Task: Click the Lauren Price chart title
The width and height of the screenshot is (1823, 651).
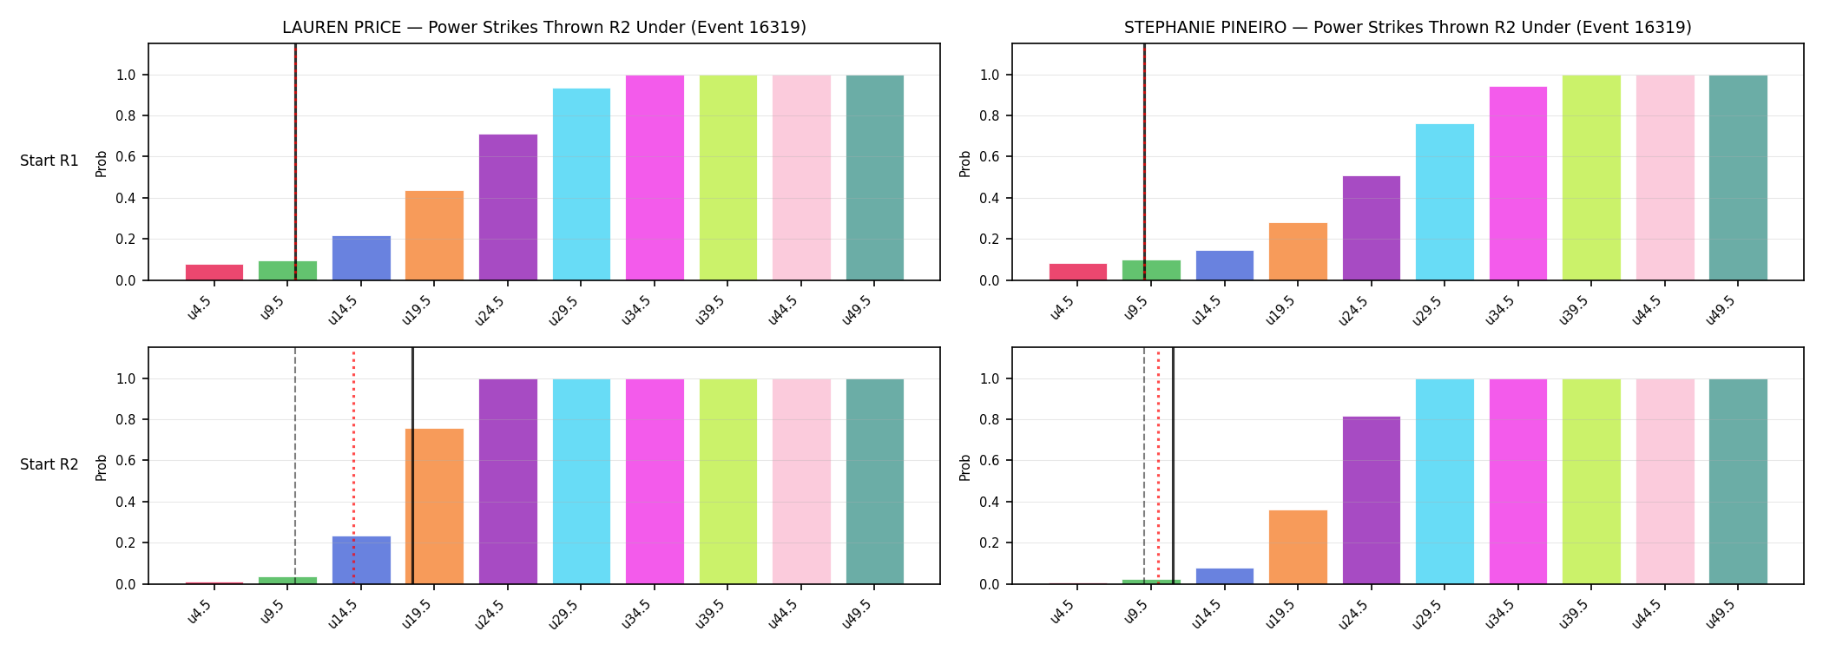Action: (x=544, y=27)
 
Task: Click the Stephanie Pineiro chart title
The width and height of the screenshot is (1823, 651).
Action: (x=1407, y=27)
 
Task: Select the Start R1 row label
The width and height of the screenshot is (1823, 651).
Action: (x=49, y=161)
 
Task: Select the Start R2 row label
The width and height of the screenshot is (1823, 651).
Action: (x=49, y=464)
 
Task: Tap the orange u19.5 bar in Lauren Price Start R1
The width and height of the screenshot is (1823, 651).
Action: (x=434, y=235)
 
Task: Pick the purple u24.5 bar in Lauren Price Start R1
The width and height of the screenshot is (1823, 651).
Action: (x=508, y=207)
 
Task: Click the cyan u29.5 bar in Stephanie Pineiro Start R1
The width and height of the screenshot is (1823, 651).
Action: (x=1445, y=202)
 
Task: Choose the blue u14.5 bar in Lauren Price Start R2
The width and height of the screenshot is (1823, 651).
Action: (x=361, y=560)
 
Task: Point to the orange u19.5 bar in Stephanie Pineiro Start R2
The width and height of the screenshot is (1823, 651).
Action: (x=1298, y=547)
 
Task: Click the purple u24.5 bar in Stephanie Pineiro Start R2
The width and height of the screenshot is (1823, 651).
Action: (x=1372, y=500)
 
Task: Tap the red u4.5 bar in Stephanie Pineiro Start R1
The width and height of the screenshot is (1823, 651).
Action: (x=1078, y=272)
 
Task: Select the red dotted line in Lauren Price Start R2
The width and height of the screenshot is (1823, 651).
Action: (x=353, y=465)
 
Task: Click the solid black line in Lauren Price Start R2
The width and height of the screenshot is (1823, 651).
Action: (x=412, y=465)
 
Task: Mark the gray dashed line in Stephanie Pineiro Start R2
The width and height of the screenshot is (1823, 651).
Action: (x=1144, y=465)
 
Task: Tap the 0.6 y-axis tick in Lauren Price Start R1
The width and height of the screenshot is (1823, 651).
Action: (x=125, y=157)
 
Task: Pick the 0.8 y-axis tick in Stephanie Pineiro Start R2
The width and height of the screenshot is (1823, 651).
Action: (x=990, y=420)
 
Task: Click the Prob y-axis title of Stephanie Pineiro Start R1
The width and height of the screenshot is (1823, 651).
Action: (x=965, y=163)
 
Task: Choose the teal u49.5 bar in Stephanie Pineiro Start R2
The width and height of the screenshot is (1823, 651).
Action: (x=1738, y=482)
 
